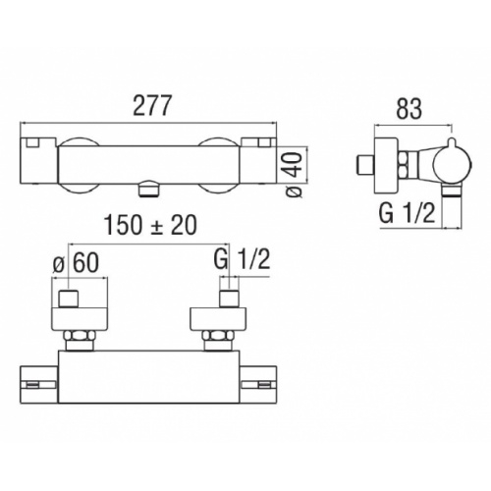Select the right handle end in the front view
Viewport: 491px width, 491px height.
coord(265,157)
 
